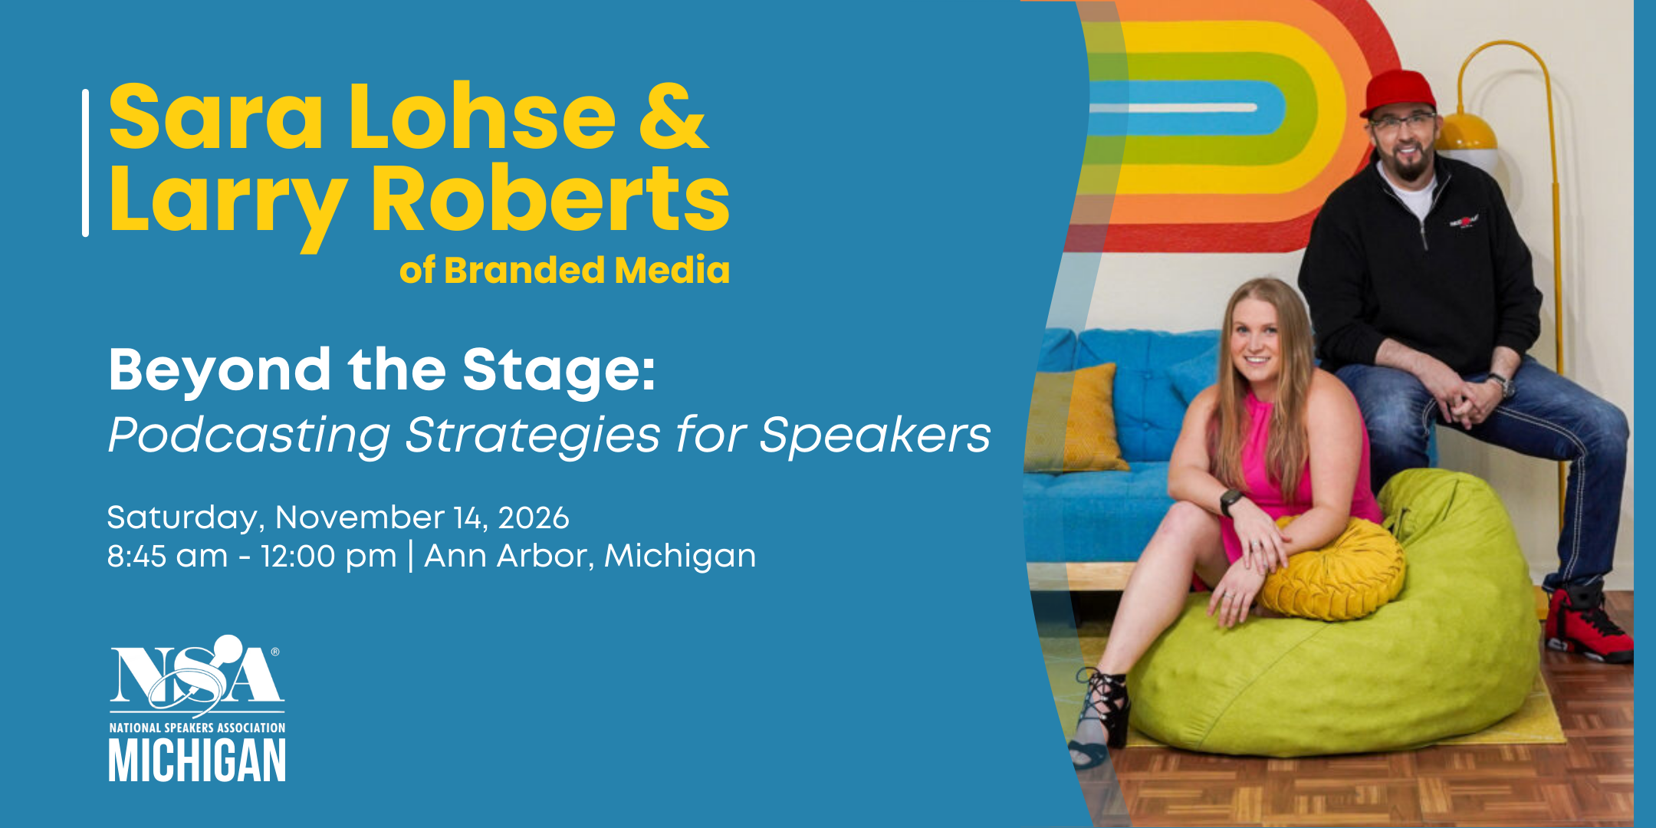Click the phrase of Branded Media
[564, 270]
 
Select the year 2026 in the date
[534, 518]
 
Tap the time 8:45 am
[167, 556]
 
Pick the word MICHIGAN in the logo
[197, 760]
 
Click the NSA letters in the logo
[196, 674]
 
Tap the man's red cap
[1398, 92]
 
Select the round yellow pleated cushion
[1332, 567]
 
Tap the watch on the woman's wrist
[1231, 502]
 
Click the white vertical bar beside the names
[85, 163]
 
